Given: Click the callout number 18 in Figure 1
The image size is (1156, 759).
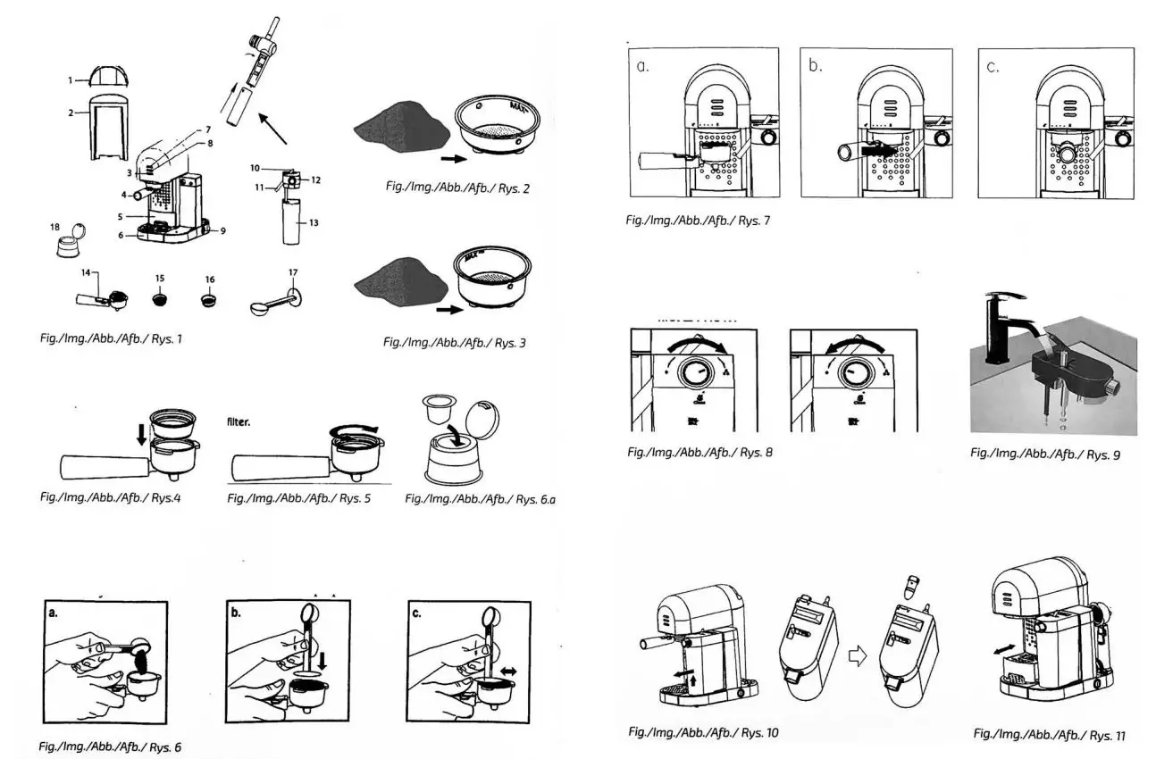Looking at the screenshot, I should point(54,228).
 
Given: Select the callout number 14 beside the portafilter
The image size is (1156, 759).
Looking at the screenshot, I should point(84,272).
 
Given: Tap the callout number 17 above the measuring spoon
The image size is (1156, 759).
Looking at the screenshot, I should point(294,272).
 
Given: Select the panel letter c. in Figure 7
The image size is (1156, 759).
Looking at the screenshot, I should point(993,67).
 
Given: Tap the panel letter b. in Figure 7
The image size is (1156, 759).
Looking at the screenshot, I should point(816,66).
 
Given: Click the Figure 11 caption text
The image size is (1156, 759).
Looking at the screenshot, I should point(1049,735).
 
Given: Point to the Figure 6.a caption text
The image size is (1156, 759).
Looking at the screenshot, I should point(480,498).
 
